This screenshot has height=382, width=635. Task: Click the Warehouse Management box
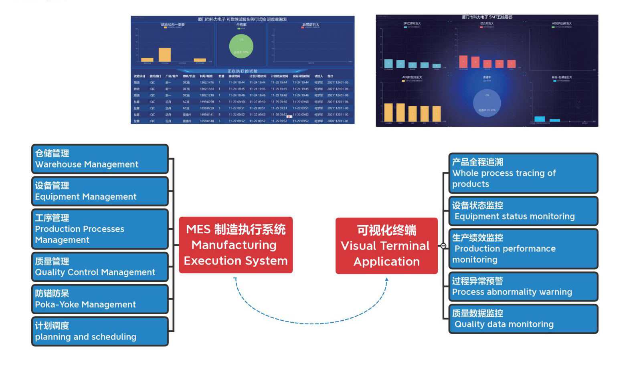point(100,159)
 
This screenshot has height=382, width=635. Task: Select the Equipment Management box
point(100,191)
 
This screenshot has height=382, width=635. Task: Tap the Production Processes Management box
point(100,229)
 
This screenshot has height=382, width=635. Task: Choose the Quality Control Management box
point(100,267)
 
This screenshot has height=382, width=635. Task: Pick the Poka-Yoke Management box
point(100,299)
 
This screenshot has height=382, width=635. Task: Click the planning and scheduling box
point(100,331)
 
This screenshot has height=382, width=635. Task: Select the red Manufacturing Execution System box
point(236,245)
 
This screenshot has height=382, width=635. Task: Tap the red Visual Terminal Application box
point(386,246)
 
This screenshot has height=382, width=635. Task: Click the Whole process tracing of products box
point(523,173)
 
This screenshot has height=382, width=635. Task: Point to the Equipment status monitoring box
point(523,211)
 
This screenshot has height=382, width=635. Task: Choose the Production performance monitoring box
point(523,249)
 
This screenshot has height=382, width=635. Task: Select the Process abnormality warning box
point(523,287)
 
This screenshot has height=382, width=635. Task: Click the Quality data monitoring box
point(523,319)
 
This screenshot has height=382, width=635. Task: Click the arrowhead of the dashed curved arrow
point(387,279)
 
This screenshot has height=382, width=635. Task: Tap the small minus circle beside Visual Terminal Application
point(443,246)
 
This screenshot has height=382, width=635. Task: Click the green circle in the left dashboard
point(241,46)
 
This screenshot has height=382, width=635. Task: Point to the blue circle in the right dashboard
point(487,103)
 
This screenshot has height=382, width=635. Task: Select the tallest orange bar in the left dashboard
point(165,55)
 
